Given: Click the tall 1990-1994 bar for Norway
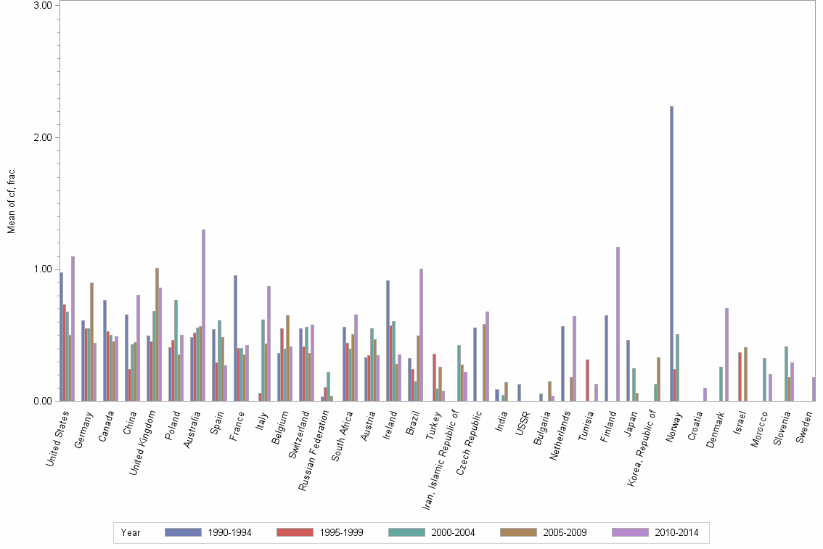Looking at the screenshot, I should [671, 254].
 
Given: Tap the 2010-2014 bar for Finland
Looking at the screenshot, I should [618, 324].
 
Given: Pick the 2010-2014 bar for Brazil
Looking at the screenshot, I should [421, 335].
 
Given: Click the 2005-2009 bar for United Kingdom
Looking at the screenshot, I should [157, 334].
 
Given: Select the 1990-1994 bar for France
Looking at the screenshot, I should [235, 338].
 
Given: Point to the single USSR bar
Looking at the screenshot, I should [519, 393].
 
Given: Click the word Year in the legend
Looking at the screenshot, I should [131, 532].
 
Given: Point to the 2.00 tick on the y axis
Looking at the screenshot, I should [47, 137].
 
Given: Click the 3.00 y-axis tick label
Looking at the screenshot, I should [47, 5].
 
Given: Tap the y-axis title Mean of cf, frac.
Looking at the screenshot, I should [11, 200].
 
